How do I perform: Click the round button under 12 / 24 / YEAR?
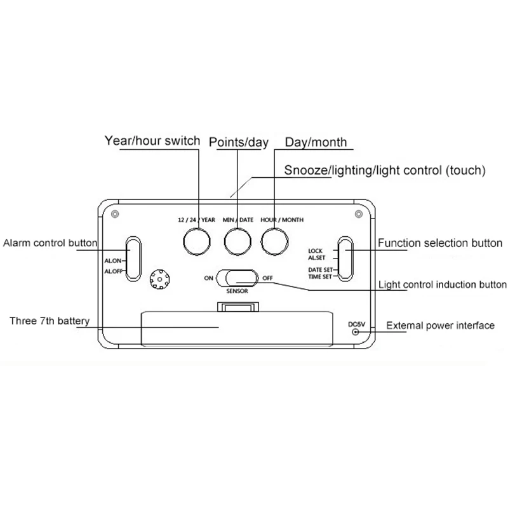tap(197, 241)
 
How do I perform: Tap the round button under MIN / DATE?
tap(237, 241)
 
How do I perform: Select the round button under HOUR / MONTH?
tap(274, 241)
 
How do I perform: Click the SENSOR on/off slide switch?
tap(237, 278)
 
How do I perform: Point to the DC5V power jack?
tap(356, 331)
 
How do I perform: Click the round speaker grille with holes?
tap(160, 279)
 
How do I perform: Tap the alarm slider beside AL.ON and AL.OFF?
tap(133, 258)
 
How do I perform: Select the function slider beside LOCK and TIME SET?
tap(345, 258)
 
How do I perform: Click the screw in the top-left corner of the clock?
tap(115, 214)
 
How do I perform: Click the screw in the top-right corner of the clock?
tap(359, 214)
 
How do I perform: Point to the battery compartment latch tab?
tap(238, 307)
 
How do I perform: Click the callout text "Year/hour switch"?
tap(152, 140)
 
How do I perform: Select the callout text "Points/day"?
tap(239, 142)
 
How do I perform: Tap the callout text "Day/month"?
tap(316, 142)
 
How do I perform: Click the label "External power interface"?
tap(440, 325)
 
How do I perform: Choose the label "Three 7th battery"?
tap(50, 321)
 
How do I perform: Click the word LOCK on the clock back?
tap(315, 251)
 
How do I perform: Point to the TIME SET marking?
tap(320, 277)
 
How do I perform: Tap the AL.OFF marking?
tap(114, 272)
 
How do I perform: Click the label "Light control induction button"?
tap(443, 284)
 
